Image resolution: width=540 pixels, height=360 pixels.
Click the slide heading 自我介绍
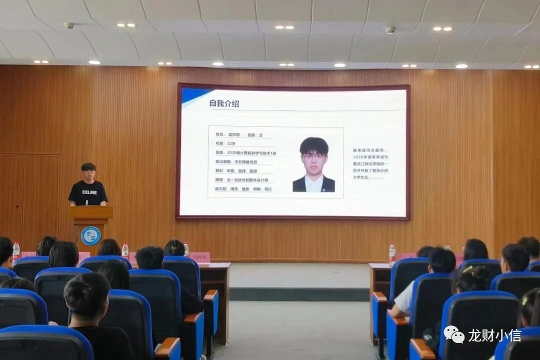click(x=224, y=103)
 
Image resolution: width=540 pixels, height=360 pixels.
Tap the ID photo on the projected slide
click(x=314, y=164)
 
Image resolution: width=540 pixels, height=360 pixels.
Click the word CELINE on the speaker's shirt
click(x=89, y=192)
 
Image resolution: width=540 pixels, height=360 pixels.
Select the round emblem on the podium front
click(x=90, y=235)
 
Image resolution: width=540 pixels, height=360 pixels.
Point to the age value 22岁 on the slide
click(x=231, y=143)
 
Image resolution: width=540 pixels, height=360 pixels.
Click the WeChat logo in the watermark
click(x=454, y=334)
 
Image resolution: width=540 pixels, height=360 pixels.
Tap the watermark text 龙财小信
click(x=494, y=335)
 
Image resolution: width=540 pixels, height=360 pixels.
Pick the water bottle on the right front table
click(x=392, y=253)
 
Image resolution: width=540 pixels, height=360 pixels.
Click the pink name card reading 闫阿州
click(x=199, y=257)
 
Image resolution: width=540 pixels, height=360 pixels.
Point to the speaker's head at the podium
click(x=88, y=170)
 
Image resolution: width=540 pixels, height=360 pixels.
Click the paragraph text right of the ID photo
click(x=370, y=163)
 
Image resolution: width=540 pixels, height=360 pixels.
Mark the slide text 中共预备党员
click(x=245, y=162)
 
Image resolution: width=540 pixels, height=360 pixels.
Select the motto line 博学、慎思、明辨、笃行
click(x=249, y=189)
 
